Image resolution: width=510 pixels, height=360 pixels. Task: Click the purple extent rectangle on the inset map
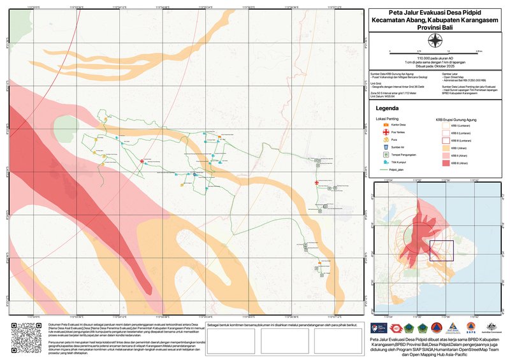(x=441, y=251)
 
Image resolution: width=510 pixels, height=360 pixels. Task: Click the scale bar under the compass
(x=435, y=51)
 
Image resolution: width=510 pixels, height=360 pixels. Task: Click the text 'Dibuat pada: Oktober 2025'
(x=435, y=66)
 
